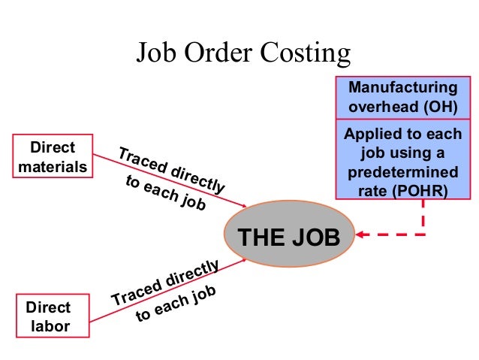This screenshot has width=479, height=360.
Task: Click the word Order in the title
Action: tap(217, 53)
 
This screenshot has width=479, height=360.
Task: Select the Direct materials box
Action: tap(53, 156)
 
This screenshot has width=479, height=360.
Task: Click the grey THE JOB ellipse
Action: tap(289, 238)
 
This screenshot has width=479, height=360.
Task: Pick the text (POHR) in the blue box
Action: tap(426, 191)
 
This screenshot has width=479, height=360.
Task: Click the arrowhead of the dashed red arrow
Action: tap(361, 235)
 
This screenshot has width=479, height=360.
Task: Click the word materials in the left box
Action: tap(53, 166)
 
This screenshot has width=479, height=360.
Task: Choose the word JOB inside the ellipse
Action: tap(315, 238)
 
